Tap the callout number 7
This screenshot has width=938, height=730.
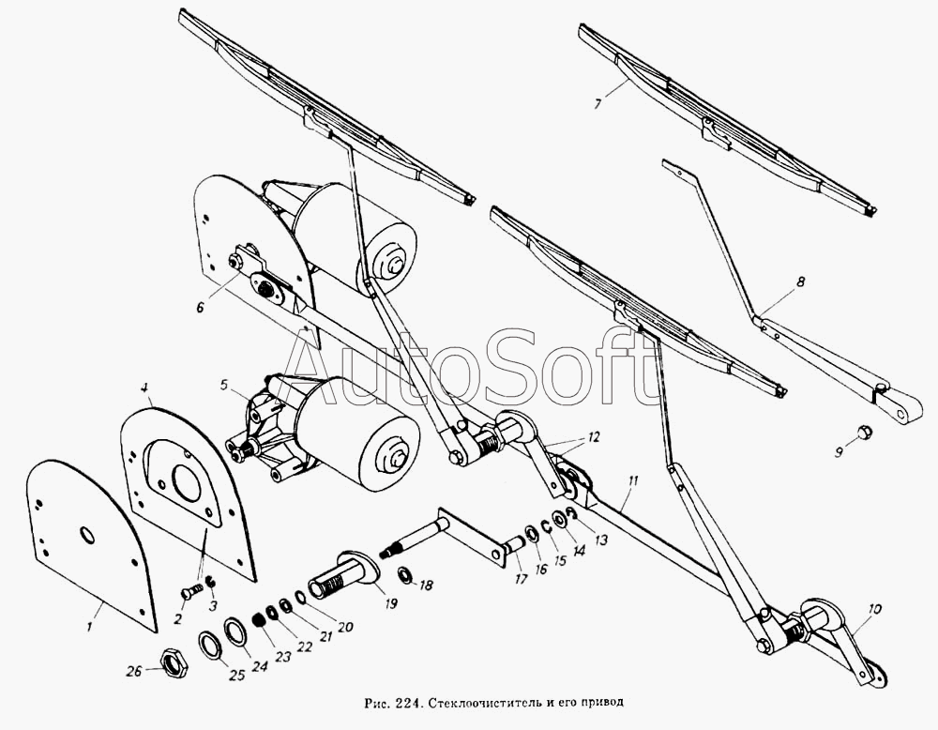(x=598, y=103)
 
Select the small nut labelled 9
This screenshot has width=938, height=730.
(x=862, y=432)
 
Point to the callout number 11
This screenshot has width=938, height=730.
(x=633, y=480)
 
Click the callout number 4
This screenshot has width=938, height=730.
(x=144, y=388)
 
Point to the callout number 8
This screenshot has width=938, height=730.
(x=801, y=280)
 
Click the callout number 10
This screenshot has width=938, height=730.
(x=874, y=610)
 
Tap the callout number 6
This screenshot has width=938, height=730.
(x=200, y=307)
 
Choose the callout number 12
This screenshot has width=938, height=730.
(x=592, y=437)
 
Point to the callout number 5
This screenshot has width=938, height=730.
(x=223, y=385)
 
